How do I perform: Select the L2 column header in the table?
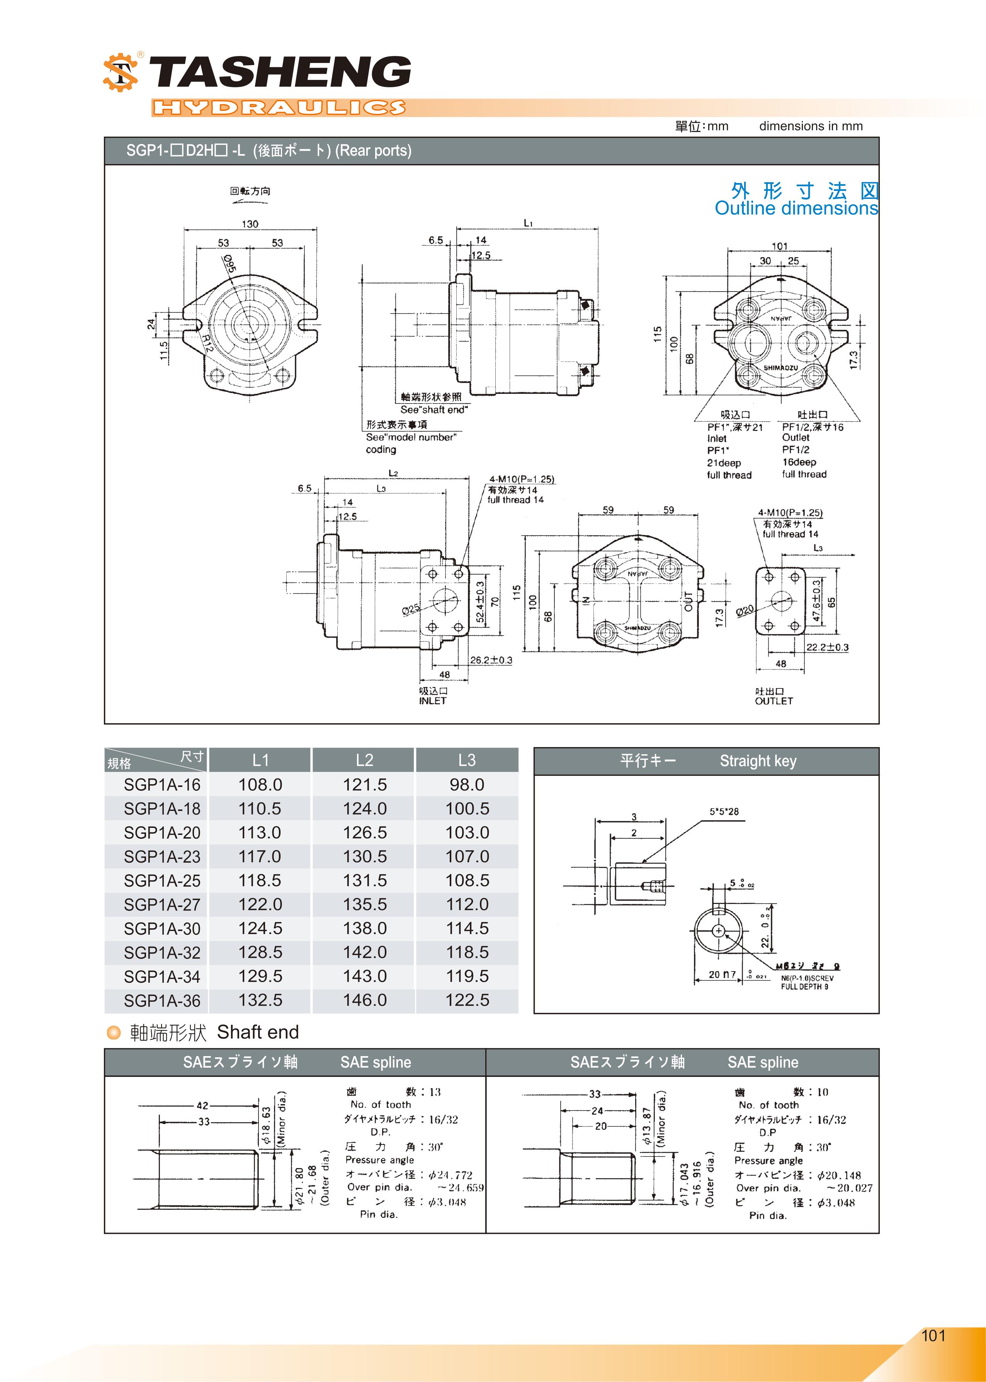364,760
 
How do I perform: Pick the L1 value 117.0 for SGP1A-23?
260,856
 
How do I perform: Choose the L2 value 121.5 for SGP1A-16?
364,784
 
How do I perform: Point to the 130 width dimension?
250,224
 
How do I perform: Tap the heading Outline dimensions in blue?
796,208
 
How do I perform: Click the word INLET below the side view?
432,701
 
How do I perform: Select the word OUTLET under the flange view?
773,701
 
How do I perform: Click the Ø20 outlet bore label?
745,610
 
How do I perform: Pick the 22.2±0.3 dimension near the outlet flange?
827,647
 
